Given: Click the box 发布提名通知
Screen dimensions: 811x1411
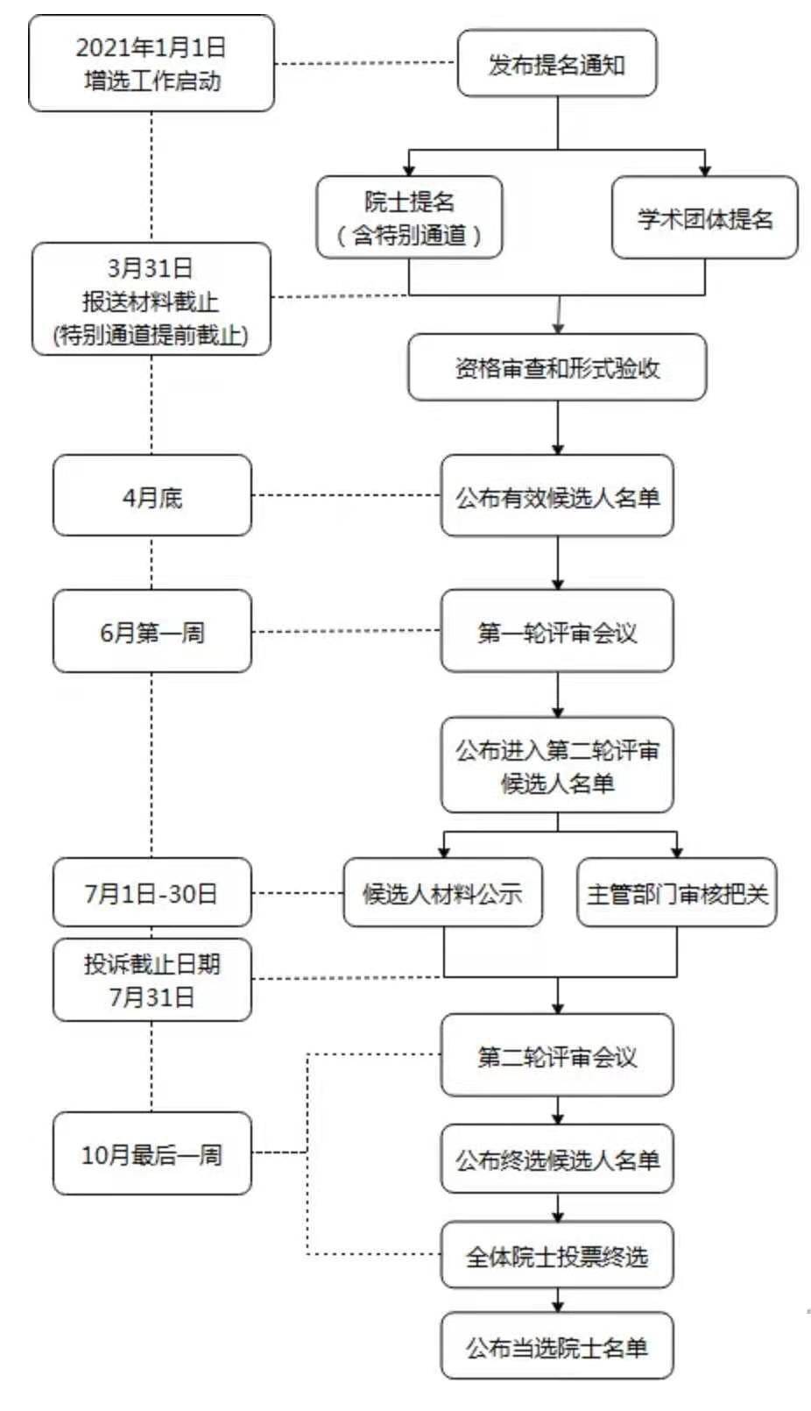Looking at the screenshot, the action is [x=557, y=64].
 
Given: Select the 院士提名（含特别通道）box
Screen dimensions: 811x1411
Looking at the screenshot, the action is [x=409, y=217].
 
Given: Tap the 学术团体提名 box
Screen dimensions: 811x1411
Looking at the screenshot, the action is [x=705, y=217].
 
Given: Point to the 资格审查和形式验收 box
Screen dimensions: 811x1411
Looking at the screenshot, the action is [x=557, y=367].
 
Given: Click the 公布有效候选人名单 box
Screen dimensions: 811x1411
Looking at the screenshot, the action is [x=557, y=496].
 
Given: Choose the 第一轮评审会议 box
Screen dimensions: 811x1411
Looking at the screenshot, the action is [x=557, y=631].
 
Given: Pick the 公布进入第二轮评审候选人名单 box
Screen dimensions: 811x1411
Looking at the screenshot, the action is [x=557, y=765].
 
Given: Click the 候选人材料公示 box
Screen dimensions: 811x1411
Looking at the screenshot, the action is [x=442, y=892].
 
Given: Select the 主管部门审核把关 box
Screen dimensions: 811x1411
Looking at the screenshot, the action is [x=677, y=892].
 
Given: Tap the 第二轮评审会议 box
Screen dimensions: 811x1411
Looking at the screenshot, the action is [x=557, y=1055].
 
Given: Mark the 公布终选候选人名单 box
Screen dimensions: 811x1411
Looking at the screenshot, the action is [x=557, y=1159].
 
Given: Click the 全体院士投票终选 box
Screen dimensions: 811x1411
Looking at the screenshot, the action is [x=557, y=1255].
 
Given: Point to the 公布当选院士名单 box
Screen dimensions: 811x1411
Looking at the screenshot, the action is [x=557, y=1346].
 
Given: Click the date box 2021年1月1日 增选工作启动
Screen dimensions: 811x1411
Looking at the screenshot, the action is [x=152, y=64].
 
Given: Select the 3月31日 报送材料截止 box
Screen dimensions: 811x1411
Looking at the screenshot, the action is [x=152, y=299].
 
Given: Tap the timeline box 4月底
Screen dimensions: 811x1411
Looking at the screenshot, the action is [x=152, y=496].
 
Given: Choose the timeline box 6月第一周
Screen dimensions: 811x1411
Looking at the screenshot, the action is [x=152, y=631].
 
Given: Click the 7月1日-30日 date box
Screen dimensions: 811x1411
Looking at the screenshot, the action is [x=152, y=892].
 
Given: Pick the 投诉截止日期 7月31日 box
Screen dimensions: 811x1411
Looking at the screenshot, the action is [x=152, y=980].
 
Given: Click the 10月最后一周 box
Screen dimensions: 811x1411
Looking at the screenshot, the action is [x=152, y=1153].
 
